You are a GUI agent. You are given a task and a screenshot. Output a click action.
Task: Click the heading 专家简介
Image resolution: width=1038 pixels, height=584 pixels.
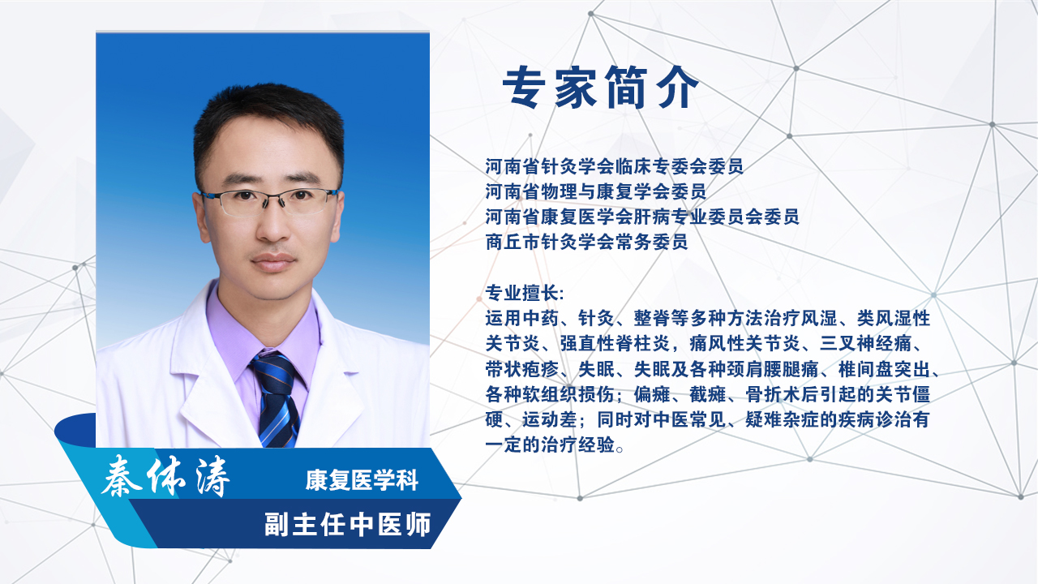[601, 87]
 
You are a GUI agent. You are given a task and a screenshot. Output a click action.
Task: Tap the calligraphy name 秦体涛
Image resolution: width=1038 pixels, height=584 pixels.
[165, 475]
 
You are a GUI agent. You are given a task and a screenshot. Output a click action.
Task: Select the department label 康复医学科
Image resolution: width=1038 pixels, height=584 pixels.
[362, 479]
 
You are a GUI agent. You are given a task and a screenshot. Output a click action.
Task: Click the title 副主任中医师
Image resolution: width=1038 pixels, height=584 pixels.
[348, 524]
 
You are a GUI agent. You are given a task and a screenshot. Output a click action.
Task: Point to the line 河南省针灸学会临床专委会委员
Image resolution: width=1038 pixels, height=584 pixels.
[615, 166]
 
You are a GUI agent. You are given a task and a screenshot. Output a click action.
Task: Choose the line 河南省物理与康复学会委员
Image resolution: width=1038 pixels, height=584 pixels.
[596, 191]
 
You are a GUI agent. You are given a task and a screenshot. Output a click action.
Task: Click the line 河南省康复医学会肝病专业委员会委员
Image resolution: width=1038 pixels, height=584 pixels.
[642, 217]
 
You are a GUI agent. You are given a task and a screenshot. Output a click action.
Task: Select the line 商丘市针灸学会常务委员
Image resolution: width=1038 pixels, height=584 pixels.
[586, 242]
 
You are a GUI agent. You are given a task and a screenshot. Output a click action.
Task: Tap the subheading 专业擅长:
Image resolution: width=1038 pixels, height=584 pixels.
[525, 293]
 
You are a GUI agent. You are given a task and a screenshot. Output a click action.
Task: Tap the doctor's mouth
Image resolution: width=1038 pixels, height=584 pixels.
[273, 262]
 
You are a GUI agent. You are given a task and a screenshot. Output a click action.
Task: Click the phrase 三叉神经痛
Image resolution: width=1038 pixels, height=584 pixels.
[865, 344]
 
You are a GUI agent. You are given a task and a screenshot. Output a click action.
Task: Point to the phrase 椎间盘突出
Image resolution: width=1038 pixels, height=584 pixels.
[884, 369]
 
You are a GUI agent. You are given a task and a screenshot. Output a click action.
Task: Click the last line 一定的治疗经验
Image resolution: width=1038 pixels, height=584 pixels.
[550, 445]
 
